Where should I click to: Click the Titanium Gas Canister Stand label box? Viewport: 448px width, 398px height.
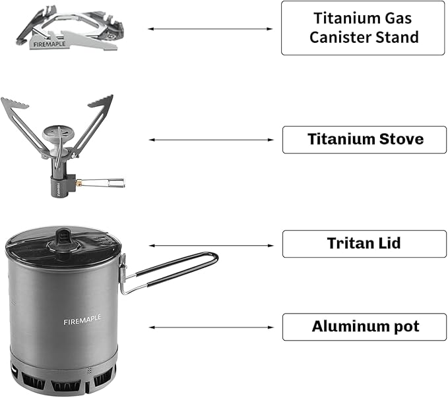click(363, 28)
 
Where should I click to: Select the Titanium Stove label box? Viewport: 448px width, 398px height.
click(364, 140)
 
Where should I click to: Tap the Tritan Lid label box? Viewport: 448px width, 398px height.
click(364, 244)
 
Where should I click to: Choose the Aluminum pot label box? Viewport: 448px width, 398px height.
click(364, 327)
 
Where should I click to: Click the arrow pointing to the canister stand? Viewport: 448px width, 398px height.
click(210, 29)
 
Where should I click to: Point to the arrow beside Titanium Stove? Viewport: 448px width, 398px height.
click(211, 140)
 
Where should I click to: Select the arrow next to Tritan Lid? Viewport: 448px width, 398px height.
click(211, 246)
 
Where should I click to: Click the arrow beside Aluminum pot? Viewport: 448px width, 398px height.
click(211, 327)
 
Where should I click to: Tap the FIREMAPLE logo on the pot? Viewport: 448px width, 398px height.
click(82, 320)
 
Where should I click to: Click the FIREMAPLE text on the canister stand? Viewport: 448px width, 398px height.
click(49, 44)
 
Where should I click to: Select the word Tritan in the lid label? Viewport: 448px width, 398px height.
click(345, 243)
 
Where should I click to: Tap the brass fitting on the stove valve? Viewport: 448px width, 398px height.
click(78, 183)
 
